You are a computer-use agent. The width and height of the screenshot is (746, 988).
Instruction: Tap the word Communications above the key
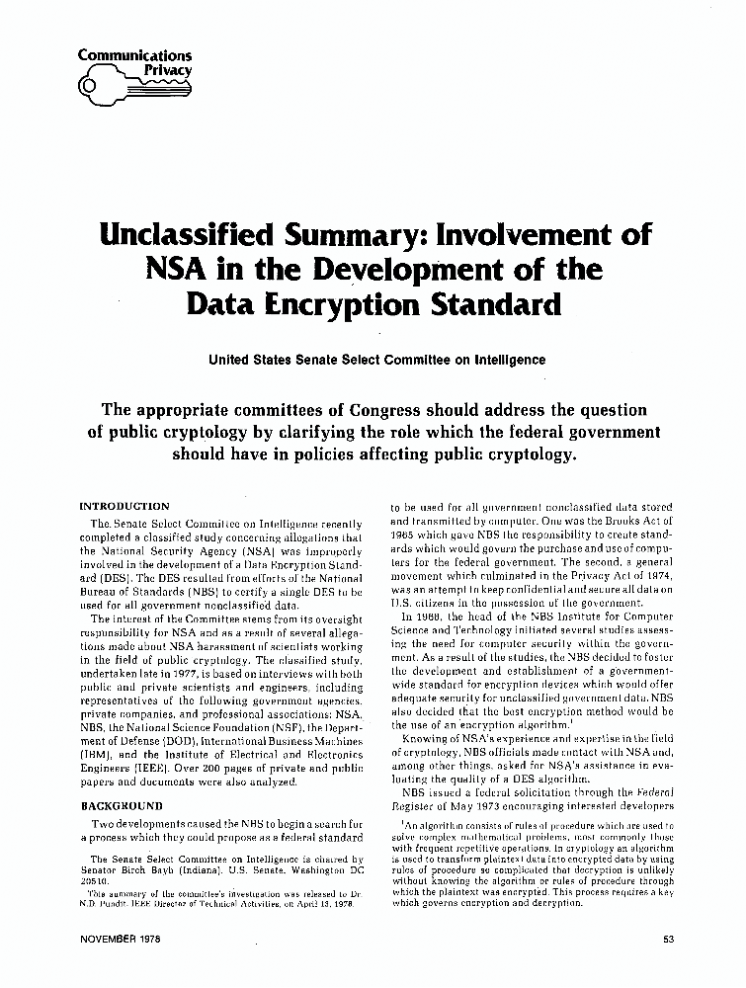[x=134, y=55]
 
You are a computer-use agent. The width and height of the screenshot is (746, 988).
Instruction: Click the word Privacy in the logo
[x=168, y=70]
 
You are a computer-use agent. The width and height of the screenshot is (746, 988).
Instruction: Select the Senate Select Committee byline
[x=376, y=360]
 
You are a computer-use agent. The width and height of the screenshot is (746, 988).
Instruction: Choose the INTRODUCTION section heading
[x=124, y=506]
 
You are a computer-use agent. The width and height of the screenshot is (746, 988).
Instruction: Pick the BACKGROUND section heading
[x=120, y=806]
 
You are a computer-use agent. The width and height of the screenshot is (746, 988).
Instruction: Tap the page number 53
[x=668, y=939]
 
